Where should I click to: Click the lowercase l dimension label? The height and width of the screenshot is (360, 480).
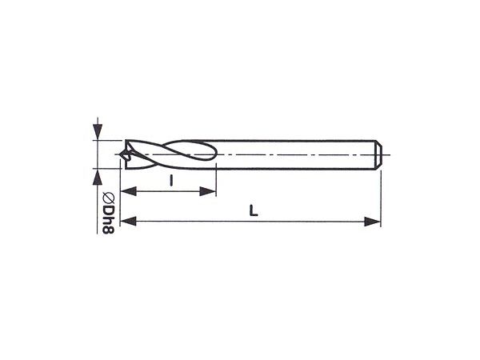[x=171, y=180]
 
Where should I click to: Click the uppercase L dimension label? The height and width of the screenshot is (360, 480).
[x=254, y=210]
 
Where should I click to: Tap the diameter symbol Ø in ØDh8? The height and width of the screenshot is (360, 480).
[x=108, y=198]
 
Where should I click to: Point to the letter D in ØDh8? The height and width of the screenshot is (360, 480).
[x=108, y=209]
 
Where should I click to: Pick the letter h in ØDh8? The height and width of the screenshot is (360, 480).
[x=108, y=219]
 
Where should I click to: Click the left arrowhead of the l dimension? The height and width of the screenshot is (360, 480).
[x=128, y=192]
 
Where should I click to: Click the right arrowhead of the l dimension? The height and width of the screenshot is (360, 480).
[x=208, y=192]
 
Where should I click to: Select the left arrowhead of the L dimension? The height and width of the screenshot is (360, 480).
[x=128, y=221]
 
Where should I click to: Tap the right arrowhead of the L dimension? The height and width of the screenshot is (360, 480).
[x=372, y=221]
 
